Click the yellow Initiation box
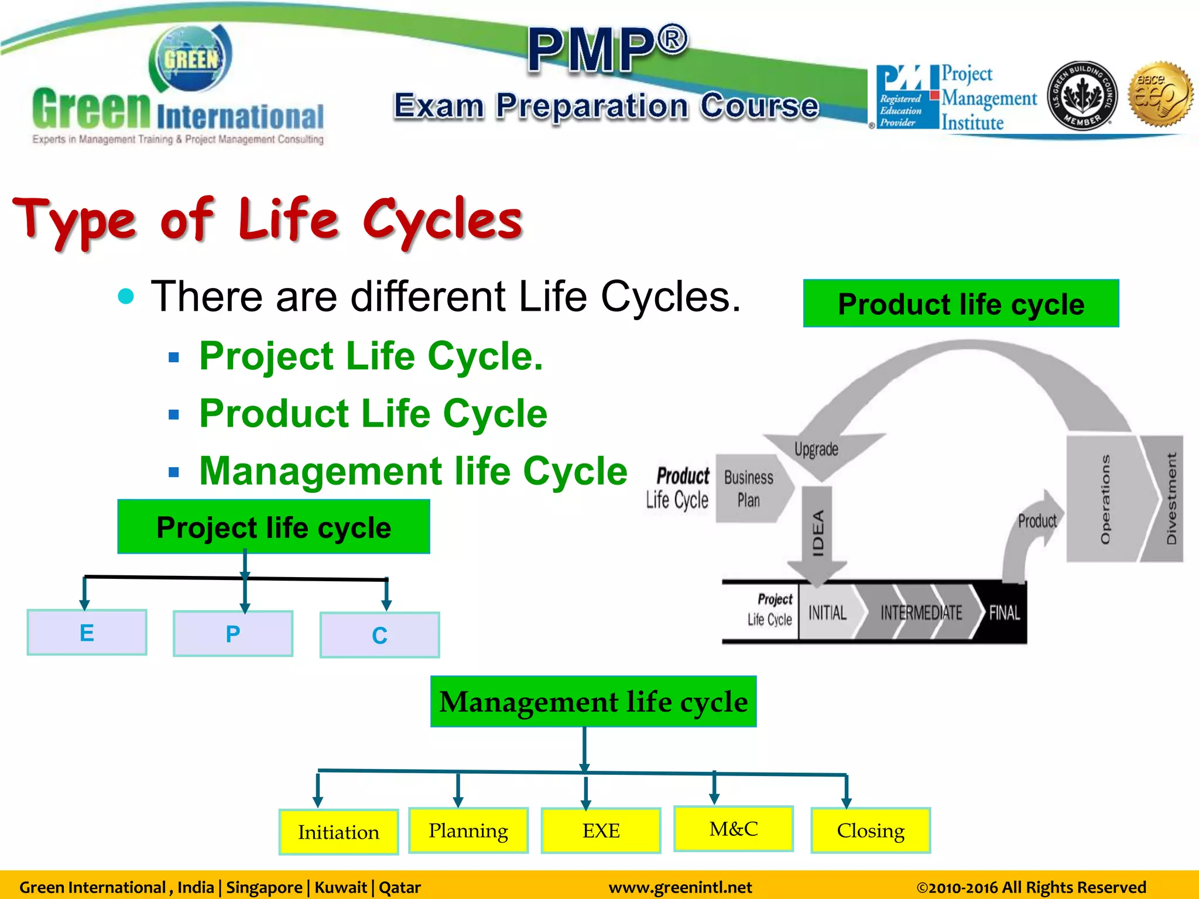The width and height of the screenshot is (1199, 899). pyautogui.click(x=338, y=832)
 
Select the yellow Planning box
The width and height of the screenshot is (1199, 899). pyautogui.click(x=468, y=830)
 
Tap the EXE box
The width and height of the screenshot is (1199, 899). pyautogui.click(x=601, y=831)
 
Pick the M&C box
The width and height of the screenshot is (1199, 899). pyautogui.click(x=733, y=828)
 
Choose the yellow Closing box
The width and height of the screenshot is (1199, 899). pyautogui.click(x=871, y=830)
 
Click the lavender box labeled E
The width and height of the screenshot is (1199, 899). pyautogui.click(x=87, y=632)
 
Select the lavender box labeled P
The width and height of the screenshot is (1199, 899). pyautogui.click(x=233, y=633)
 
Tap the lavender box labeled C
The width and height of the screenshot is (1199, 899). pyautogui.click(x=379, y=635)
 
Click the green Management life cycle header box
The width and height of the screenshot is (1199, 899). pyautogui.click(x=593, y=701)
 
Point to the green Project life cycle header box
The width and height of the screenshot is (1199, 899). pyautogui.click(x=273, y=527)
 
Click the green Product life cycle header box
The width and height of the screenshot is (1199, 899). pyautogui.click(x=961, y=303)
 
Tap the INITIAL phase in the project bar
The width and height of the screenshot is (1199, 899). pyautogui.click(x=827, y=613)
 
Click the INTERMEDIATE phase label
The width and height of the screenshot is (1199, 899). pyautogui.click(x=921, y=613)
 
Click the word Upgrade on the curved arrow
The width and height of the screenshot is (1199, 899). pyautogui.click(x=816, y=449)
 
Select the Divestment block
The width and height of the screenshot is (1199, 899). pyautogui.click(x=1170, y=499)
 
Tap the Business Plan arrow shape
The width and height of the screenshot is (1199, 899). pyautogui.click(x=749, y=489)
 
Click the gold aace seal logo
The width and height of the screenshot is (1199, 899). pyautogui.click(x=1161, y=95)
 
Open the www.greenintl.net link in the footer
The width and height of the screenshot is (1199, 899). pyautogui.click(x=680, y=887)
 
